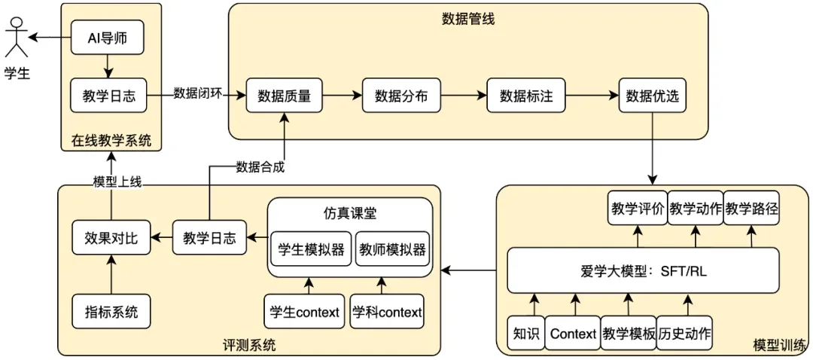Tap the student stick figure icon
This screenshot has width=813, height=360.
pos(17,38)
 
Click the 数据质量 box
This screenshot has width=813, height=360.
pos(284,96)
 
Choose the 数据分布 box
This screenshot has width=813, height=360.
pos(400,96)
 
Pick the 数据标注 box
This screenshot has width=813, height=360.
pos(526,96)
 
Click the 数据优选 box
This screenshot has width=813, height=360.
pos(652,96)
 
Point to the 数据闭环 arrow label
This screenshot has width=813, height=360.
pos(198,94)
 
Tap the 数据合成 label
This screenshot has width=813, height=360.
pos(260,167)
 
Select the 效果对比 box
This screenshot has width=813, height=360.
pos(111,239)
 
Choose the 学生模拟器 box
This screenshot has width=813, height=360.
pos(310,249)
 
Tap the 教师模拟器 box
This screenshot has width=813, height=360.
pos(391,249)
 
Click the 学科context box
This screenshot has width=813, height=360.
pos(387,312)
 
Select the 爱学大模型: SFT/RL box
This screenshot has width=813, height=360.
pos(643,271)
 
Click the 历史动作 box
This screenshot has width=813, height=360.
pos(685,333)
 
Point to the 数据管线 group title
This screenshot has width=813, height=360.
pos(467,19)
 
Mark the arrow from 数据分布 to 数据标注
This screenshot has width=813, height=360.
pos(462,96)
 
